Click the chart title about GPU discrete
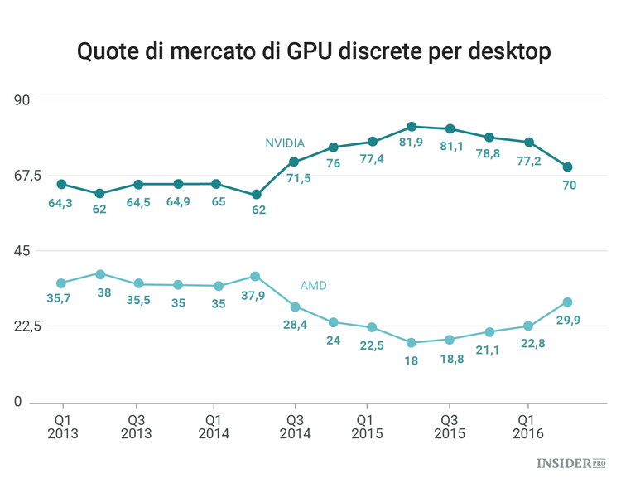(x=313, y=51)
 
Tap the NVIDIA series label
(x=285, y=143)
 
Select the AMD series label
(x=313, y=285)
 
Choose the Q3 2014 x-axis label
(x=294, y=426)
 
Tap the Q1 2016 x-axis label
(x=527, y=426)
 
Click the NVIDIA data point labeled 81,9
(x=412, y=127)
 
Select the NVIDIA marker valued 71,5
(x=294, y=162)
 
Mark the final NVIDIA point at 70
(x=567, y=167)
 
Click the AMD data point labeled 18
(x=412, y=342)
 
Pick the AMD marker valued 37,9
(x=255, y=276)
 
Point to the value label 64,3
(x=60, y=203)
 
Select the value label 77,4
(x=372, y=160)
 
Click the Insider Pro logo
(x=571, y=464)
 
